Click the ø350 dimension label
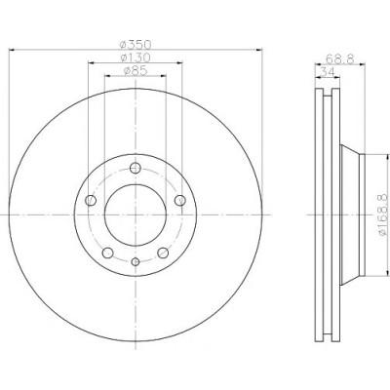click(136, 44)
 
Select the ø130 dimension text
click(136, 58)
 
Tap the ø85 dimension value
click(136, 70)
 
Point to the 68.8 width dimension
click(339, 58)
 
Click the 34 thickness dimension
click(328, 72)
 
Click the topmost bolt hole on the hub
click(136, 168)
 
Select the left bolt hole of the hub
click(91, 200)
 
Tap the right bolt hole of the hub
click(180, 200)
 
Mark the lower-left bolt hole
click(107, 253)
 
